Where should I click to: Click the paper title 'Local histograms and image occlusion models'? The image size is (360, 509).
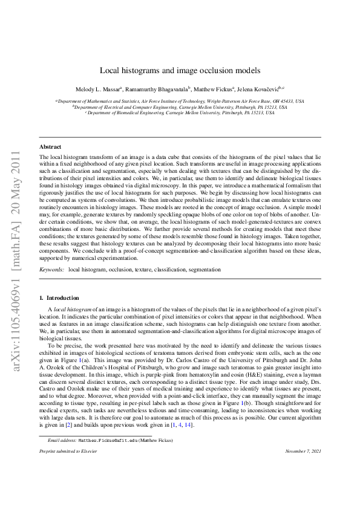[x=180, y=70]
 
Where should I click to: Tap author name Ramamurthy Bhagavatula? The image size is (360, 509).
[x=159, y=89]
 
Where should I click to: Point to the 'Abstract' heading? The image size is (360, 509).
[x=50, y=147]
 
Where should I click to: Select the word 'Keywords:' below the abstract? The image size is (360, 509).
[x=52, y=268]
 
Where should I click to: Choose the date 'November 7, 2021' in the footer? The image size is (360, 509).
[x=303, y=469]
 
